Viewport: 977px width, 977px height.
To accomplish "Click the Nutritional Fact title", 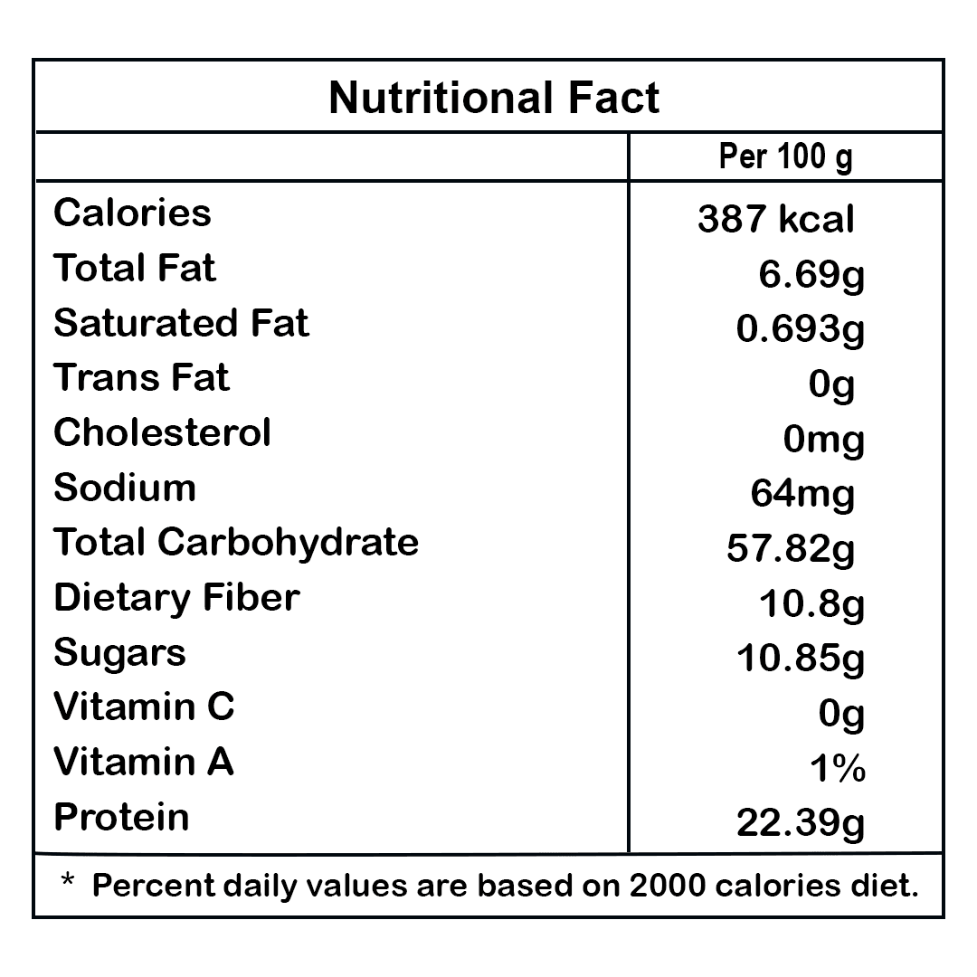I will pos(494,98).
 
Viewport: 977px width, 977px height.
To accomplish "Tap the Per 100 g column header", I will pos(785,157).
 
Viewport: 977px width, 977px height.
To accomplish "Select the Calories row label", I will pos(132,213).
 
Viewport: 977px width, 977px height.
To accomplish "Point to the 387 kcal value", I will pos(775,219).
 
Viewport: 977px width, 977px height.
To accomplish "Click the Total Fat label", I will pos(135,269).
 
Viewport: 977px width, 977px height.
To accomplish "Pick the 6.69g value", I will pos(811,274).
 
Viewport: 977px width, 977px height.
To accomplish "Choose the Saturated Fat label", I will pos(181,323).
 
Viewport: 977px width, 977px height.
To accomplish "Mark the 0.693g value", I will pos(801,329).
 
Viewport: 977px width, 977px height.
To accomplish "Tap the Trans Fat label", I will pos(141,378).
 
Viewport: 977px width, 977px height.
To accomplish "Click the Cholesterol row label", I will pos(162,432).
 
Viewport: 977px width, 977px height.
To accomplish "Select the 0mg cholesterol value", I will pos(824,440).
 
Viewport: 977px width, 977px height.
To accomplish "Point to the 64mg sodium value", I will pos(802,494).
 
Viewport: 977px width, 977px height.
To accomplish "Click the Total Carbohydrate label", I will pos(236,543).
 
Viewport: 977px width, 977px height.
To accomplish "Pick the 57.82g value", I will pos(791,548).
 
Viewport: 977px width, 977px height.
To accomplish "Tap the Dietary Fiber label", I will pos(176,598).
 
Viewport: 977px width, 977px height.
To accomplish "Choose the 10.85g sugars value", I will pos(801,659).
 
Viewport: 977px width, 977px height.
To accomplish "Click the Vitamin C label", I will pos(144,707).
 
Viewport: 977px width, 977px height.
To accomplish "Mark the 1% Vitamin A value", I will pos(838,769).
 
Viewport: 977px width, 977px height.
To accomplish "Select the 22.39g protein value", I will pos(801,823).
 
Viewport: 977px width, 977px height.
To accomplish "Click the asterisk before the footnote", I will pos(67,879).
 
